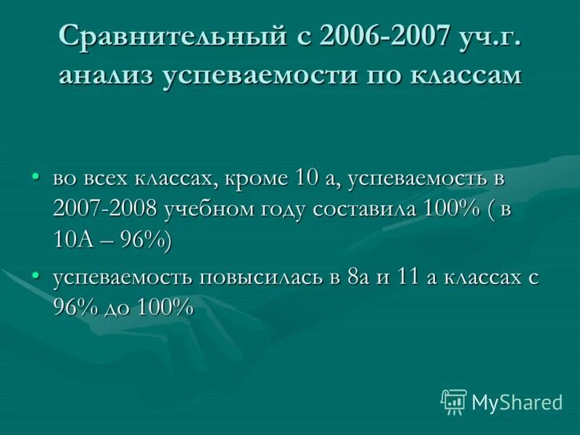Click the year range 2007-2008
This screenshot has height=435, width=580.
point(105,210)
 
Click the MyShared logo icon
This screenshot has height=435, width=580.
point(453,402)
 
